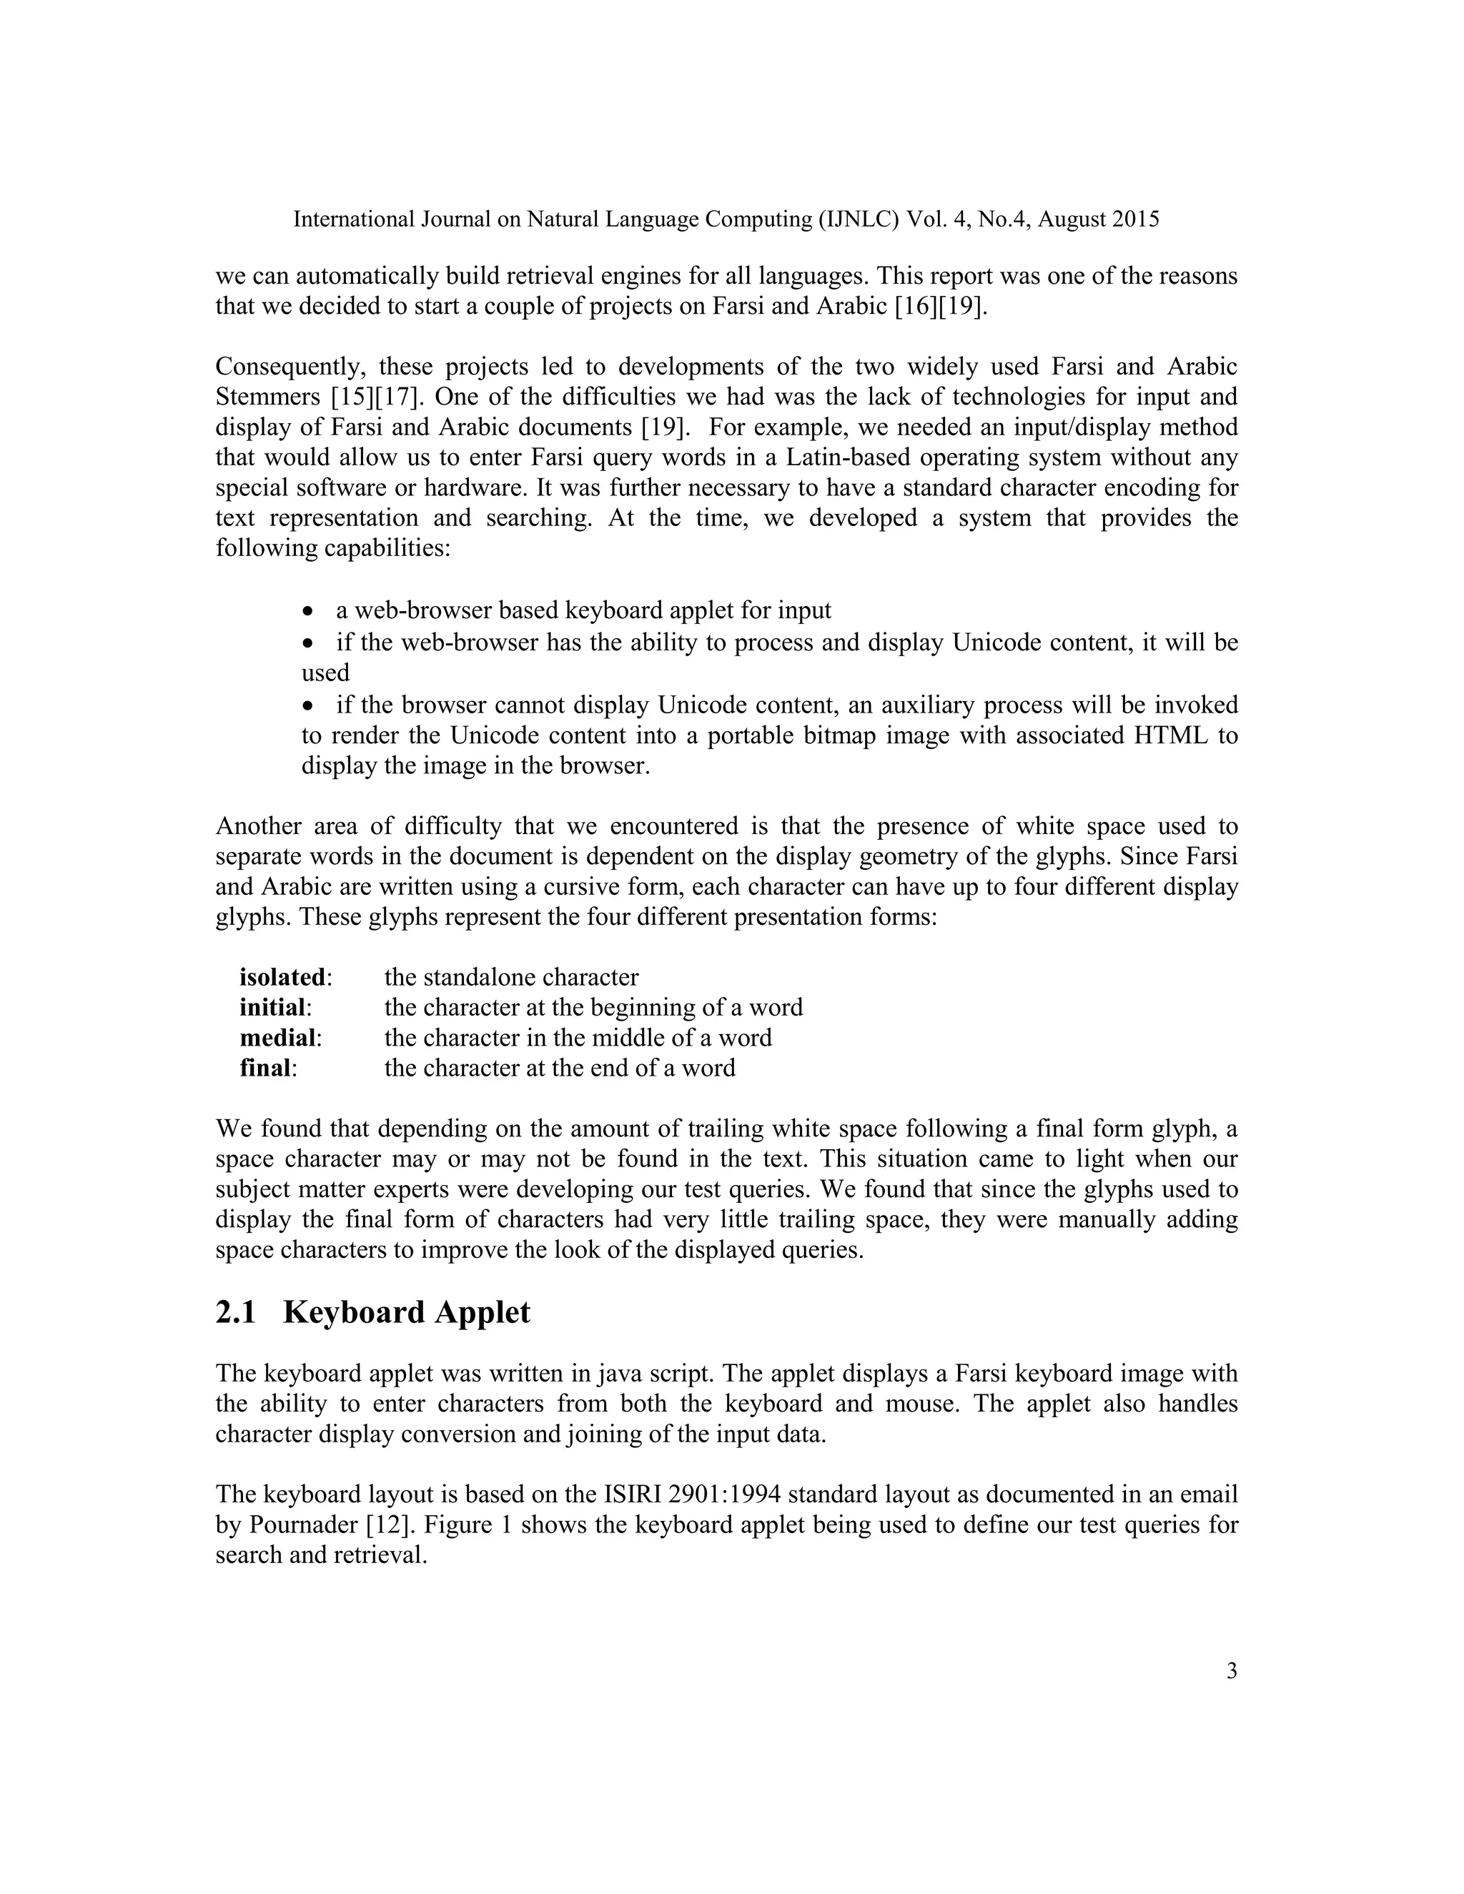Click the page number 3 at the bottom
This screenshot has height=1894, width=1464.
(x=1232, y=1671)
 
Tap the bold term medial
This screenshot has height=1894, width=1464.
(x=277, y=1038)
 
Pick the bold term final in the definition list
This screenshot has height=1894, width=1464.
(x=264, y=1069)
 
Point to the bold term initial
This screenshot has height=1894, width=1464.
(x=272, y=1008)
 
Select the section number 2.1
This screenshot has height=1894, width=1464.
(x=236, y=1313)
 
